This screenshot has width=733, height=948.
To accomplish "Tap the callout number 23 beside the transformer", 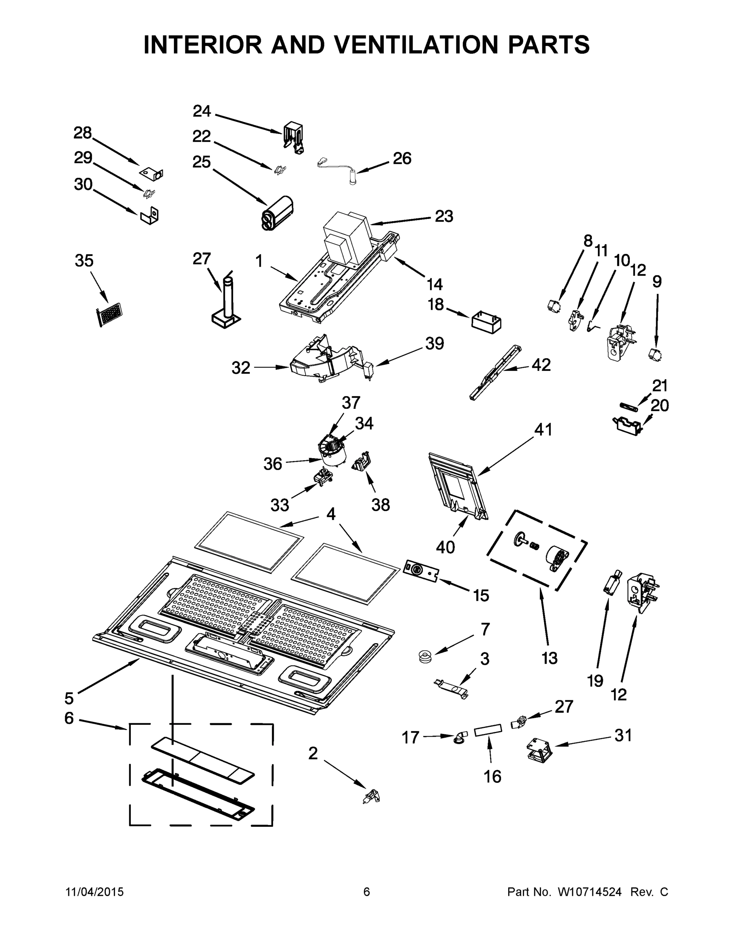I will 444,216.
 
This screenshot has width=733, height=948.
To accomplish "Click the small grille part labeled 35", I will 109,314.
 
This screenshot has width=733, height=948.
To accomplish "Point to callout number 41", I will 543,430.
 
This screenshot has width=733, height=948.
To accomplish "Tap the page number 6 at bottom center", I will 367,892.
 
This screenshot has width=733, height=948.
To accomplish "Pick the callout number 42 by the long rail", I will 541,365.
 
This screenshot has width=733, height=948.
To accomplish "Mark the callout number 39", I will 434,343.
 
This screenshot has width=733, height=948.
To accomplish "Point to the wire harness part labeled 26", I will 343,171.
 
